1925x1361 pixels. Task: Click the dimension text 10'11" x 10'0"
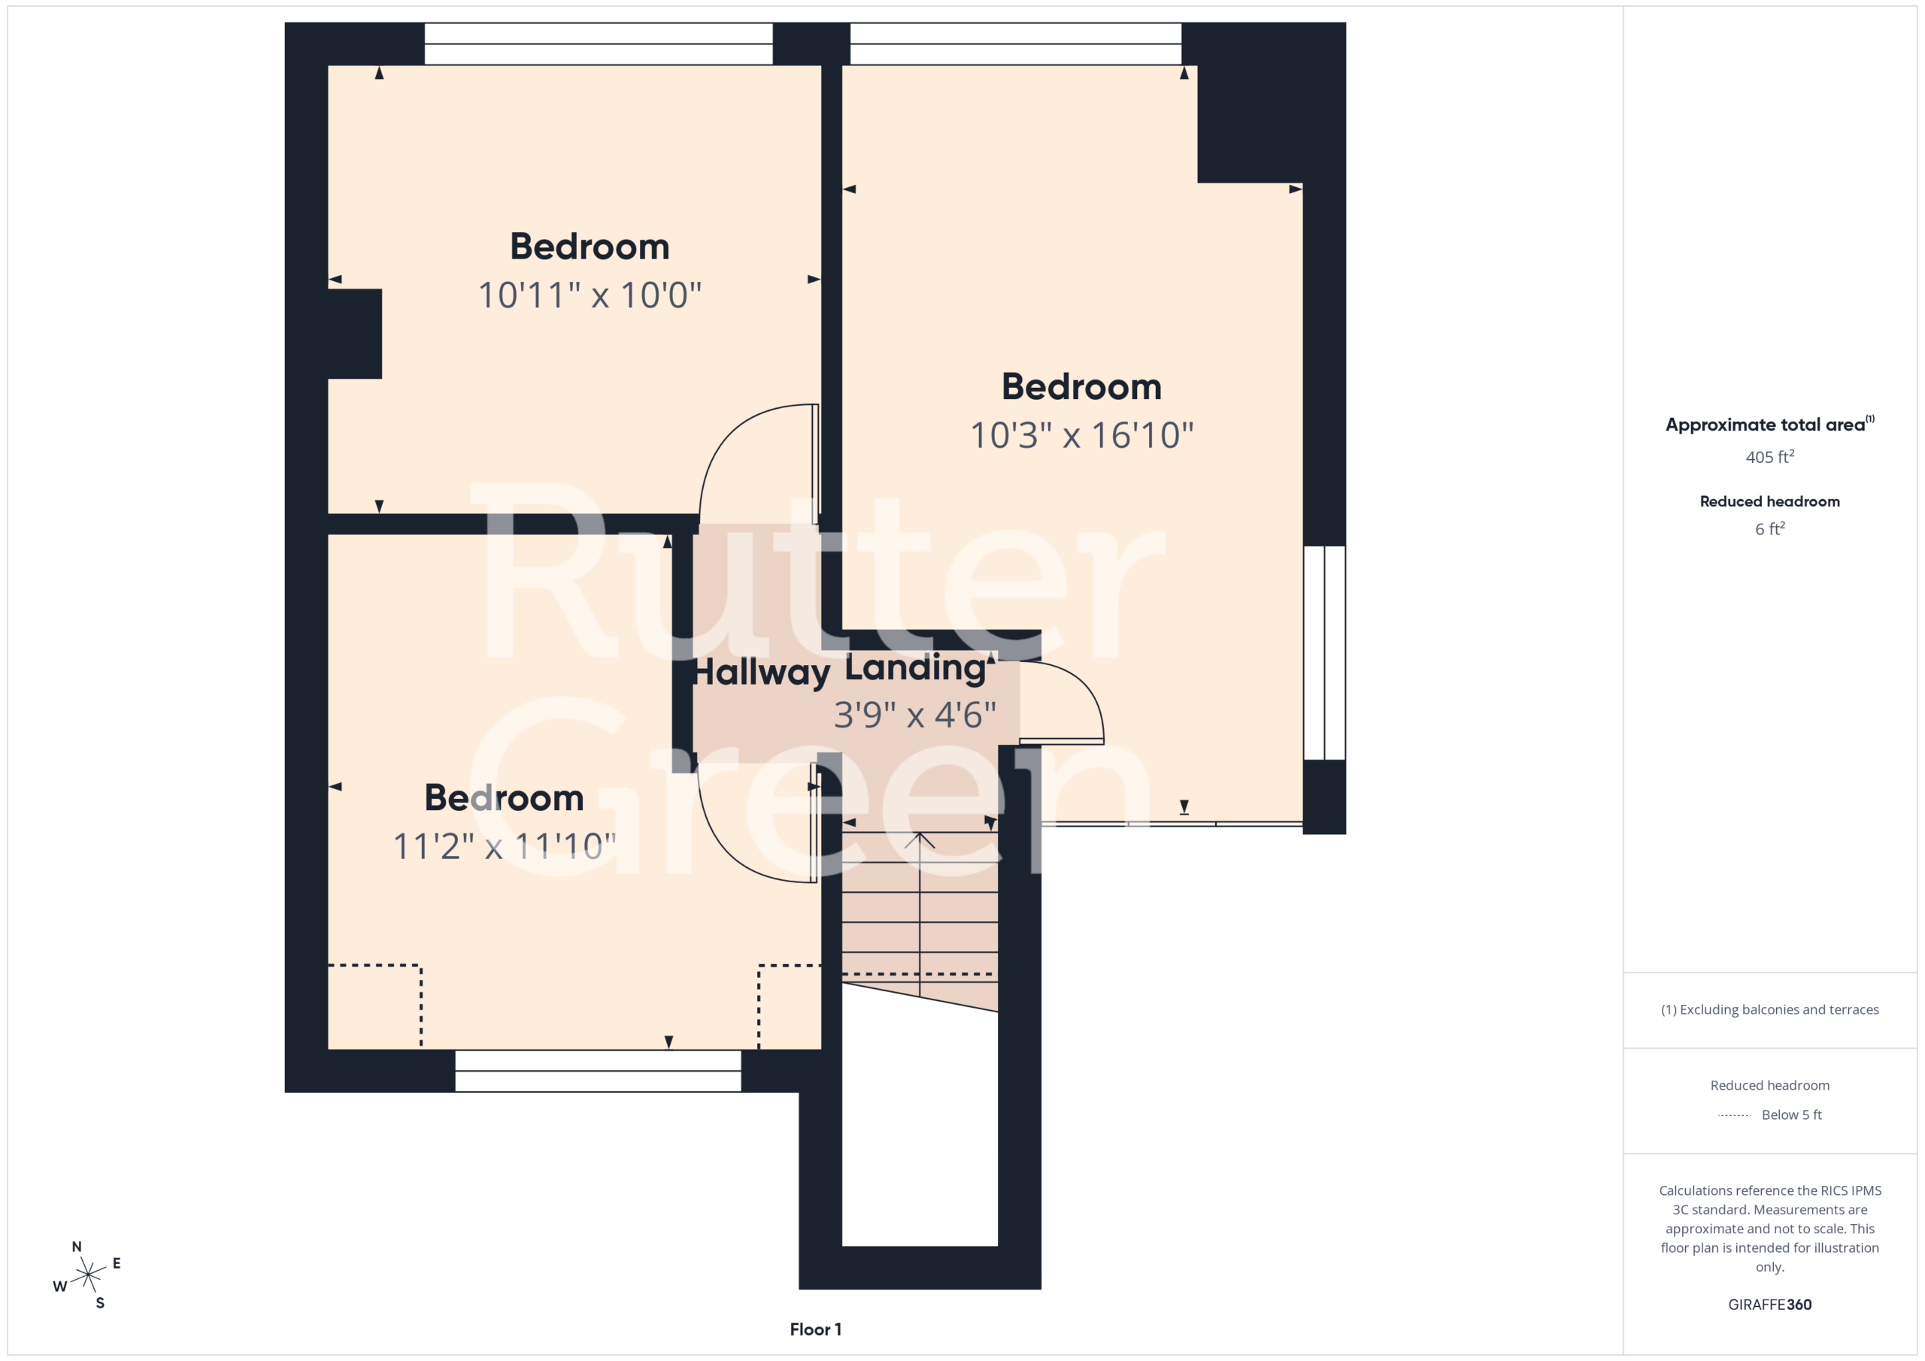[590, 295]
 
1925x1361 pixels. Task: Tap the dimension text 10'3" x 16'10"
[1081, 435]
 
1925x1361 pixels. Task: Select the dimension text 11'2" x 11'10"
[505, 846]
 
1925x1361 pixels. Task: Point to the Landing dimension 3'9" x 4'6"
[914, 715]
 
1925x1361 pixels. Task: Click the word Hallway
[761, 672]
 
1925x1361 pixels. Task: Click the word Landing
[914, 668]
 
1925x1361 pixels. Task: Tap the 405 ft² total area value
[1769, 457]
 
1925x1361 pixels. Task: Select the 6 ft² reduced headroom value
[1769, 529]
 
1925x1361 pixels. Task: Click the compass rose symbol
[88, 1275]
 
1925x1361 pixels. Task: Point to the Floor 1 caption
[815, 1329]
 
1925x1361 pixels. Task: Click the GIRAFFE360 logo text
[1769, 1304]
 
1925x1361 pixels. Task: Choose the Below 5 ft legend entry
[1769, 1115]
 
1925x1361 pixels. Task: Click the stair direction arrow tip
[920, 833]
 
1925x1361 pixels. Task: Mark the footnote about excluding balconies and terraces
[1769, 1010]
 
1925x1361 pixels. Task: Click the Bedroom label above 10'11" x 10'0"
[590, 246]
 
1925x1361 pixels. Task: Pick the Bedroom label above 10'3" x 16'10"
[1081, 386]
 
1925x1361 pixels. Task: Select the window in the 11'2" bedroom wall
[598, 1070]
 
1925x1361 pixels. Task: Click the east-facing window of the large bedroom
[1324, 653]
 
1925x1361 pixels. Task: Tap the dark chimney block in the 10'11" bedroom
[355, 334]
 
